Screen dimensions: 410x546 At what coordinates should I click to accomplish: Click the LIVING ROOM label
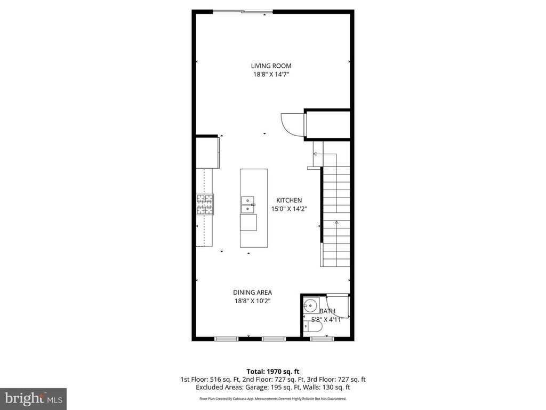coord(271,66)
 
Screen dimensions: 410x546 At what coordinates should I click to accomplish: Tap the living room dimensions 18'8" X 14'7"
coord(271,75)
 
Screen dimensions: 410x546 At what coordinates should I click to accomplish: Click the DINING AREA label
coord(252,292)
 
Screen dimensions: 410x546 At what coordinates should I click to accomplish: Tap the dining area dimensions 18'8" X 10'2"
coord(252,301)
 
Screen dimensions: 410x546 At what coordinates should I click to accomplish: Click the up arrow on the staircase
coord(336,222)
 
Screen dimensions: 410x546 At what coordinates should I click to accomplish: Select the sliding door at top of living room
coord(244,12)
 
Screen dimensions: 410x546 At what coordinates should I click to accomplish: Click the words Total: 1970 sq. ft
coord(272,371)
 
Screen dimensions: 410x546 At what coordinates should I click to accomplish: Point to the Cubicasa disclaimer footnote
coord(272,399)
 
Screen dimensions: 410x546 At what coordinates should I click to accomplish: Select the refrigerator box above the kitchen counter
coord(207,152)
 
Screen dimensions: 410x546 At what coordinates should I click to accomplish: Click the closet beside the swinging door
coord(327,125)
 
